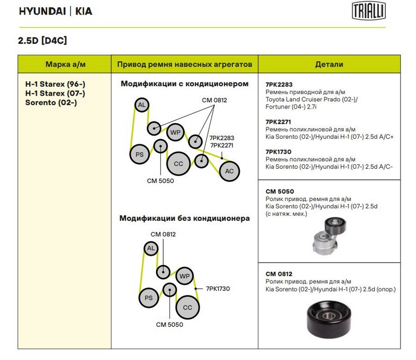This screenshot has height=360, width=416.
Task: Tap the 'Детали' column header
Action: [x=329, y=64]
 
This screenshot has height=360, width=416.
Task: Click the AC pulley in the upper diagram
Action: [x=229, y=171]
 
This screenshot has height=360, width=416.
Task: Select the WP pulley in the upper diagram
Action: [x=175, y=132]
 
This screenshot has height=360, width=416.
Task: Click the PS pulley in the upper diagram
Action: [x=139, y=154]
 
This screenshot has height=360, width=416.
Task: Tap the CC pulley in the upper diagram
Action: [x=178, y=164]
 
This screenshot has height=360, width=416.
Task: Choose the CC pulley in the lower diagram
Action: [x=188, y=307]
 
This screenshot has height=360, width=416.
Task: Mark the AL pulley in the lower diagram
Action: [x=151, y=248]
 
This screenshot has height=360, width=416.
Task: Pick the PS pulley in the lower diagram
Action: [x=149, y=297]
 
